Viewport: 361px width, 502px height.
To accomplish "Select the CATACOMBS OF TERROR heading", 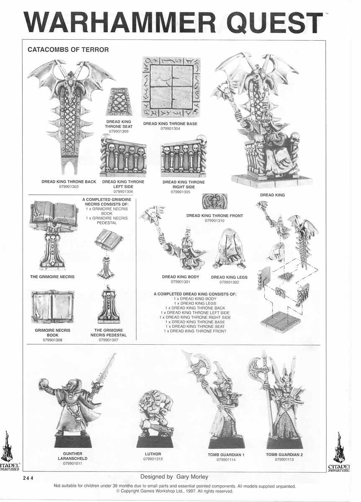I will coord(68,49).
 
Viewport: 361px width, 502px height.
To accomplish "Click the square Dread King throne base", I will coord(170,87).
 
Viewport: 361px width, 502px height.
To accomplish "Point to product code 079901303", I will coord(69,187).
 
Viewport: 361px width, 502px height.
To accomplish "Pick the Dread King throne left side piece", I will coord(123,156).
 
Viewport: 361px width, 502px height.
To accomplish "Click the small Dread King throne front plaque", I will coord(214,201).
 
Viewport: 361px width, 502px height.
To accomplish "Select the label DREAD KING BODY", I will coord(180,277).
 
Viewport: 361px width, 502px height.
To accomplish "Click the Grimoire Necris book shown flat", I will coord(53,307).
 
